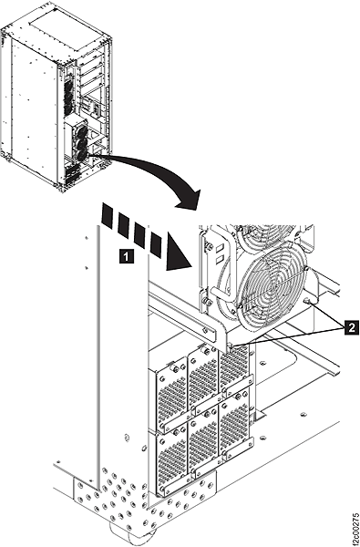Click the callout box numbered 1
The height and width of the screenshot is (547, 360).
click(126, 256)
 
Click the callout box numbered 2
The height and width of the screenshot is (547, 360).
click(352, 327)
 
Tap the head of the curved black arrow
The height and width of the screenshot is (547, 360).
click(189, 200)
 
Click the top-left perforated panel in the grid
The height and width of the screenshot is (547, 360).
click(171, 392)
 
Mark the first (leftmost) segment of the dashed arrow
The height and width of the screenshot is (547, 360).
click(108, 215)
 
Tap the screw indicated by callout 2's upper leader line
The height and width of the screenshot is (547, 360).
click(307, 300)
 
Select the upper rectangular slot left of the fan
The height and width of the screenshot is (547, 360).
click(221, 249)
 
